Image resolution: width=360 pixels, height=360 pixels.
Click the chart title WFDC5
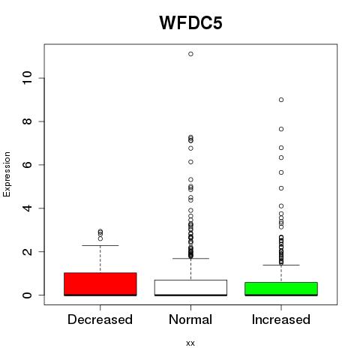coord(190,23)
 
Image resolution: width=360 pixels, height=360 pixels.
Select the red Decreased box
coord(100,284)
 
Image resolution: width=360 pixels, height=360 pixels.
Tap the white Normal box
coord(190,288)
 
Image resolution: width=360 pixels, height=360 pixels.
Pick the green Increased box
coord(281,289)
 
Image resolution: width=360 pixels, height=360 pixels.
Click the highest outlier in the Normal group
coord(190,54)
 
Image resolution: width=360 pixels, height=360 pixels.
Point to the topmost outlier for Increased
coord(281,100)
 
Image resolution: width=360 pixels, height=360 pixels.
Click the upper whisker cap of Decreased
coord(100,245)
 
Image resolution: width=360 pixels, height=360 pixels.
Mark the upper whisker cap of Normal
coord(190,258)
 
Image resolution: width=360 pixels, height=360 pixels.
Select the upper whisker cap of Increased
coord(281,265)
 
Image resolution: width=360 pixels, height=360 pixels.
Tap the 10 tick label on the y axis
coord(27,78)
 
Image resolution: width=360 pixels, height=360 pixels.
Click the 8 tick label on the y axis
coord(27,121)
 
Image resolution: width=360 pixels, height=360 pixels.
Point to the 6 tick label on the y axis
coord(27,164)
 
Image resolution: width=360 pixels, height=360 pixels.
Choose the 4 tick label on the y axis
coord(27,208)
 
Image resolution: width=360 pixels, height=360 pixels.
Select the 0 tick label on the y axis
coord(27,295)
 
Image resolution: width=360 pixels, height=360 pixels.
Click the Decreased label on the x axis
coord(100,319)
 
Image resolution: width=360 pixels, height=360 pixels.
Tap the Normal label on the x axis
coord(190,319)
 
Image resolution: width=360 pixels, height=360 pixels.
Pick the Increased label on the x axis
coord(281,319)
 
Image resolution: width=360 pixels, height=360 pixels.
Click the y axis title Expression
coord(7,175)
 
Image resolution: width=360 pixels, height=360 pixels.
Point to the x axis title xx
coord(190,343)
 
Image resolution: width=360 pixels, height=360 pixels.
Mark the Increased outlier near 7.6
coord(281,129)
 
